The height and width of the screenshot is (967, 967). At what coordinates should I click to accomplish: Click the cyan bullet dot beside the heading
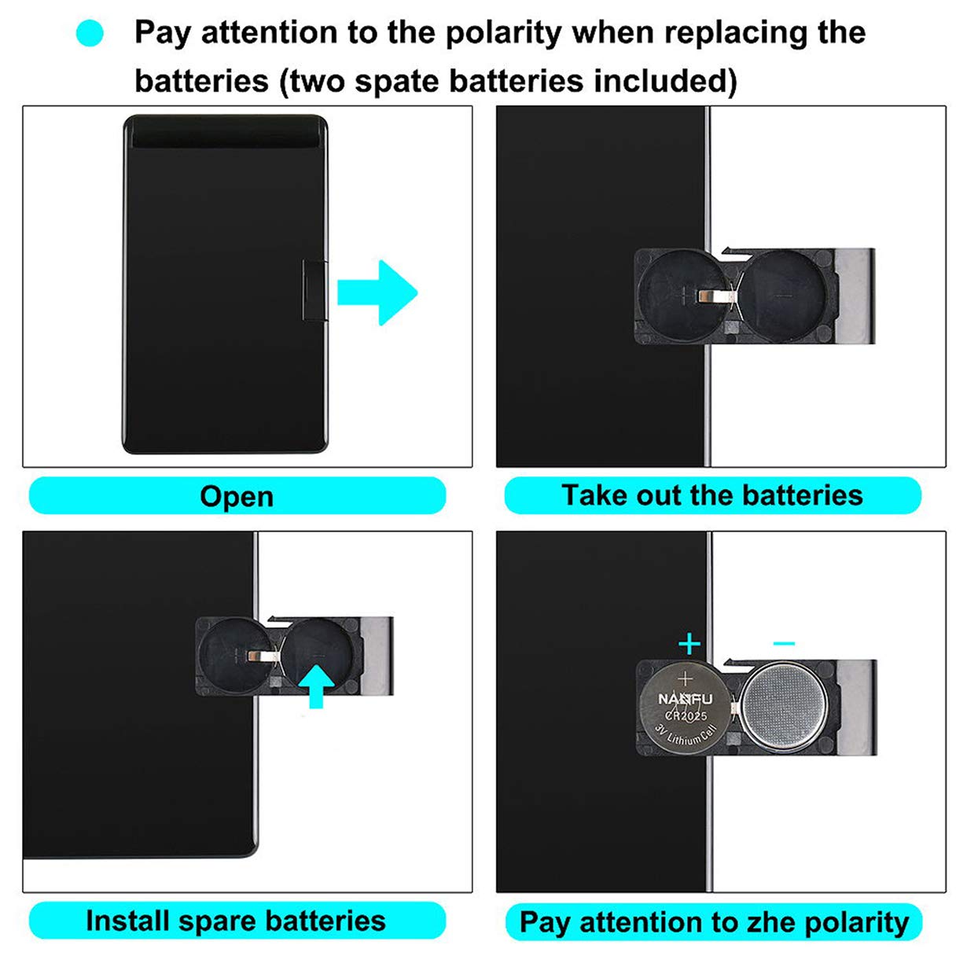click(90, 33)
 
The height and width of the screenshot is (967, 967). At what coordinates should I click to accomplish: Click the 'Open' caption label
click(237, 496)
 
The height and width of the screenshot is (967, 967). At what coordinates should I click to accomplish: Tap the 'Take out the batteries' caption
click(711, 495)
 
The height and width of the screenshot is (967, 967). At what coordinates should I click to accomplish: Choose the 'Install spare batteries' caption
click(236, 921)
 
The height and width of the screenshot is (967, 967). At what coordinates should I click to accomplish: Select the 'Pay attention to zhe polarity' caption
click(713, 922)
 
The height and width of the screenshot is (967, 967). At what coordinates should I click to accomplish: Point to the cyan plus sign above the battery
click(689, 644)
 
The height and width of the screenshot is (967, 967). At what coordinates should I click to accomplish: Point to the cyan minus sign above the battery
click(784, 643)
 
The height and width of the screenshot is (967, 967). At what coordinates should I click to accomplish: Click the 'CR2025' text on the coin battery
click(686, 716)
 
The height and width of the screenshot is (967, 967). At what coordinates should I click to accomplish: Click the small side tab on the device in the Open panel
click(314, 291)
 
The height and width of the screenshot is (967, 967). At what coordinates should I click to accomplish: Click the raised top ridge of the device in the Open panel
click(225, 131)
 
